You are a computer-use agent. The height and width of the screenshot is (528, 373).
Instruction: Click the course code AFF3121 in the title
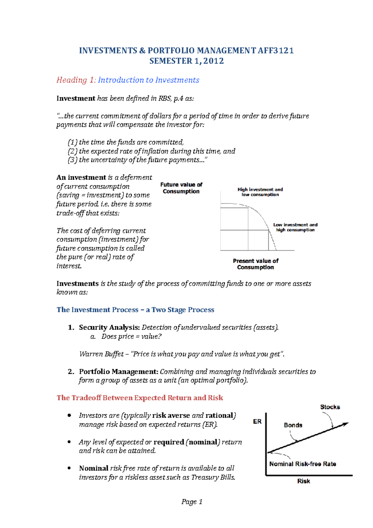pyautogui.click(x=275, y=51)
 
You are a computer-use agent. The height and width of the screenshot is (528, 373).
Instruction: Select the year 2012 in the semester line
pyautogui.click(x=214, y=61)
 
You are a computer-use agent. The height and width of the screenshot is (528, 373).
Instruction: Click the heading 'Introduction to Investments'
pyautogui.click(x=148, y=80)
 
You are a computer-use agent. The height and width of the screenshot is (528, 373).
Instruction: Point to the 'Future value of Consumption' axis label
pyautogui.click(x=181, y=188)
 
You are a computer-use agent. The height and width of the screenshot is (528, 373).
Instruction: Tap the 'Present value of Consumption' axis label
pyautogui.click(x=256, y=264)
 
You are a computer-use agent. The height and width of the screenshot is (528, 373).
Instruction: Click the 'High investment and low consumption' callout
pyautogui.click(x=260, y=192)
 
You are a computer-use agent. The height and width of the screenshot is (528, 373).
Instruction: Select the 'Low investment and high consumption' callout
pyautogui.click(x=295, y=227)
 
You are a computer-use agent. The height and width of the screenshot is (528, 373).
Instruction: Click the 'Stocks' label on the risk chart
pyautogui.click(x=330, y=407)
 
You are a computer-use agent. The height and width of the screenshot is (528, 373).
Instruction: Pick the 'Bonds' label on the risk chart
pyautogui.click(x=293, y=425)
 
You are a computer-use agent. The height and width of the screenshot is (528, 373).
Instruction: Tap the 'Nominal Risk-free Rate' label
pyautogui.click(x=302, y=464)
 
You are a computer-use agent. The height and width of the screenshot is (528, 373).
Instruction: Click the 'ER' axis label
pyautogui.click(x=257, y=422)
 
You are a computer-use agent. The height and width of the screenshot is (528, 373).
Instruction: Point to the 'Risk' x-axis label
pyautogui.click(x=303, y=481)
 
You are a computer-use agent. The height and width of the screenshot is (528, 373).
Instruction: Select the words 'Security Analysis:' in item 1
pyautogui.click(x=109, y=327)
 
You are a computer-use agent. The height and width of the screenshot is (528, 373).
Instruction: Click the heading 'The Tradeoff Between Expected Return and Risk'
pyautogui.click(x=140, y=398)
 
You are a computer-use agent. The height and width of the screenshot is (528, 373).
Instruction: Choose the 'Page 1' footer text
pyautogui.click(x=192, y=502)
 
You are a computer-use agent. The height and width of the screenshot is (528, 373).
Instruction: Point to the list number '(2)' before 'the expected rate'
pyautogui.click(x=72, y=151)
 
